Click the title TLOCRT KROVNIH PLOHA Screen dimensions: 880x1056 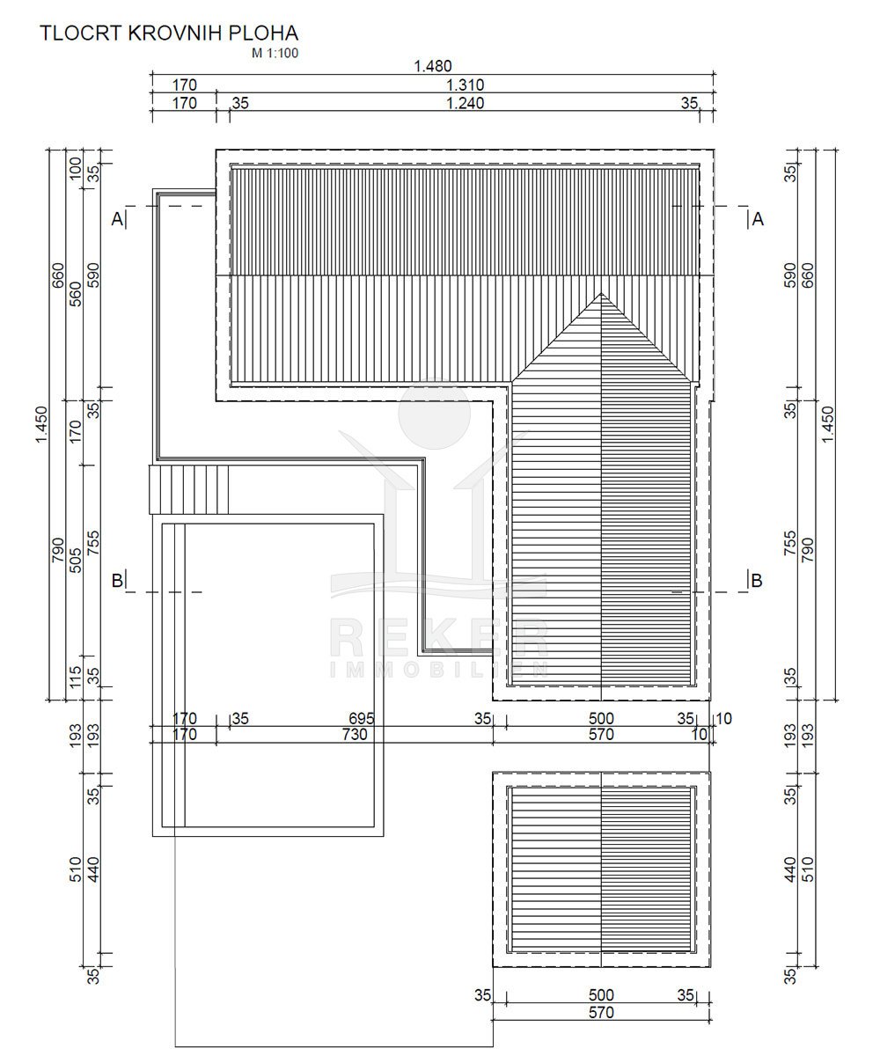169,33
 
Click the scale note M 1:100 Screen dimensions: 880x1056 275,53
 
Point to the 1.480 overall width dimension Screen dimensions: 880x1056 433,66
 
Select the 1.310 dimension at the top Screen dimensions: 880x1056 465,85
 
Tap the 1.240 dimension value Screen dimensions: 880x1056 465,103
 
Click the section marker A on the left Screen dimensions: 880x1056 117,219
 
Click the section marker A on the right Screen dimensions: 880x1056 758,219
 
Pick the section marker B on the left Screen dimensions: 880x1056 117,581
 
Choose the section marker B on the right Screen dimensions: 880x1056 757,581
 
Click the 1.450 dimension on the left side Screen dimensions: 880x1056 41,424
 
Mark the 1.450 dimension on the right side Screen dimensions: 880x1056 827,424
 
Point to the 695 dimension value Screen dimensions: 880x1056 362,719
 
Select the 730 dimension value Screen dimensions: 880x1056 355,734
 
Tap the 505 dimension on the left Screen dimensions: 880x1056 76,561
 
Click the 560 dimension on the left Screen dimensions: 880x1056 76,294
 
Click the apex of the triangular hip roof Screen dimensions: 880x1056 601,293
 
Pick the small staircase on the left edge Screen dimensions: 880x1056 188,489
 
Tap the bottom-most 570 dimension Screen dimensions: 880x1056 601,1013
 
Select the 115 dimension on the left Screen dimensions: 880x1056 76,677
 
